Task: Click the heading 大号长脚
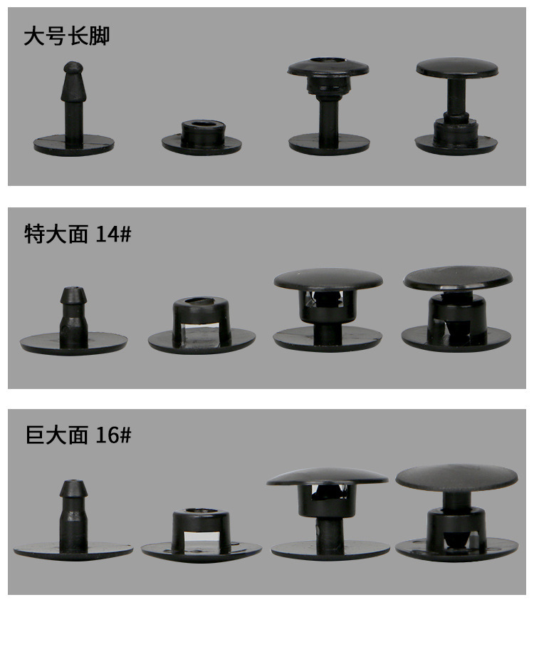(66, 36)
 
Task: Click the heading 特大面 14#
(78, 234)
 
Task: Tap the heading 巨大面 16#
(78, 435)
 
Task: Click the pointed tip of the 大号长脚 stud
(73, 63)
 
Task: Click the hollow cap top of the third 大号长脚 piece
(328, 66)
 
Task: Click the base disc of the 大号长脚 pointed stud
(74, 145)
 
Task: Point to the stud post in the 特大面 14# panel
(73, 315)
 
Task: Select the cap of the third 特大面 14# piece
(328, 279)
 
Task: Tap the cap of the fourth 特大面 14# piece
(458, 278)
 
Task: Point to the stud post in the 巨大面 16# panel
(73, 515)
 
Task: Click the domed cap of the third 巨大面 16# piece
(328, 477)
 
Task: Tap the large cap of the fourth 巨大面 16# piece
(457, 478)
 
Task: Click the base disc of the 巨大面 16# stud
(73, 552)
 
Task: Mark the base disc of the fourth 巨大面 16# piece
(456, 550)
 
